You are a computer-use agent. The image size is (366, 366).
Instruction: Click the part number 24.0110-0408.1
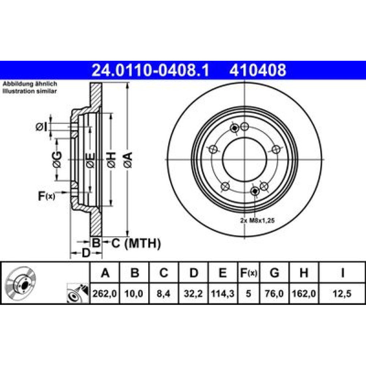tap(150, 70)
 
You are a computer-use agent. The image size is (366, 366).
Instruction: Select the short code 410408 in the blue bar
tap(258, 70)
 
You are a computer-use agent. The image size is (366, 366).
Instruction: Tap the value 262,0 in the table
tap(105, 294)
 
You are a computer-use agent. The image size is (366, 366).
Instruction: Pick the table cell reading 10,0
tap(134, 294)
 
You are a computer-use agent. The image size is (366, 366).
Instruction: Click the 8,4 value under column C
tap(163, 294)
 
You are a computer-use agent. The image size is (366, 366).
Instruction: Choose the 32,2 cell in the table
tap(193, 294)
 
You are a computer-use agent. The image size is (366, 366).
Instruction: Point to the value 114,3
tap(223, 294)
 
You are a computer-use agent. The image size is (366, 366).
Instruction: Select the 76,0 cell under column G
tap(274, 294)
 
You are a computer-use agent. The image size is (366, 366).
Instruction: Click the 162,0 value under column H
tap(304, 294)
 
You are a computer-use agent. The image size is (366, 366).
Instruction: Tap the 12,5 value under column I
tap(342, 294)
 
